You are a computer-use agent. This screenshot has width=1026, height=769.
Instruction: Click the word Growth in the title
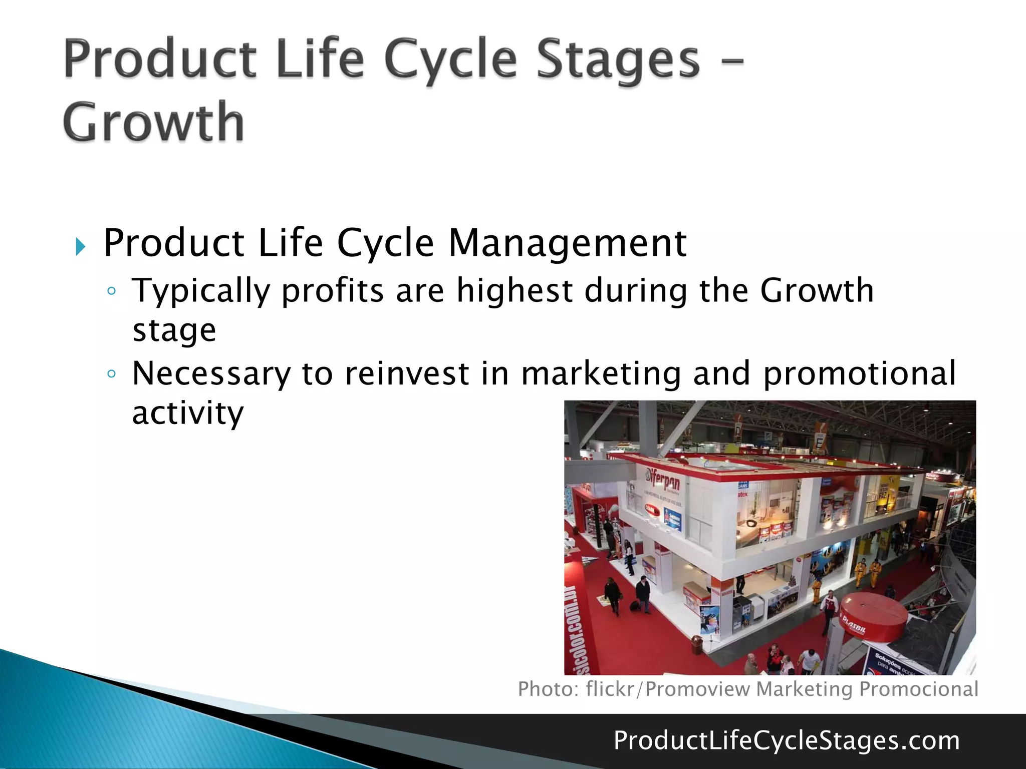coord(153,122)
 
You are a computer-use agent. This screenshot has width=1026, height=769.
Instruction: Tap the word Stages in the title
coord(618,60)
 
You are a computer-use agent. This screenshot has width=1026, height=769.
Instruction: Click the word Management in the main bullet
coord(567,243)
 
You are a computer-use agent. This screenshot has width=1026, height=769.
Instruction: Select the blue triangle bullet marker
coord(80,246)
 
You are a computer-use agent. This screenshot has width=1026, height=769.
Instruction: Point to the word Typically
coord(200,291)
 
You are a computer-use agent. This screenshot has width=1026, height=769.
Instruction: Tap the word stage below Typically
coord(174,330)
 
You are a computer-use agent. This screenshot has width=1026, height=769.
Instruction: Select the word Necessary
coord(211,373)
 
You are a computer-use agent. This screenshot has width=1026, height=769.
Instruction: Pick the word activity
coord(187,414)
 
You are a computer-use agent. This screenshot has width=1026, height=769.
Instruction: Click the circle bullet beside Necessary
coord(112,374)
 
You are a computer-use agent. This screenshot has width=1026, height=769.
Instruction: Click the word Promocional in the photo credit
coord(918,689)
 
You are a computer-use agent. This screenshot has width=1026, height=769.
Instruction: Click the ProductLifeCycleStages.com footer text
coord(787,740)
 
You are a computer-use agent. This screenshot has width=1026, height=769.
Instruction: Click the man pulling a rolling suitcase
coord(642,594)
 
